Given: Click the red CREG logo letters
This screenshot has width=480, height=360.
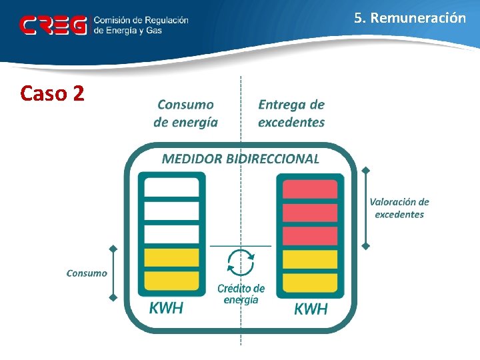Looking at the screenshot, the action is point(53,25).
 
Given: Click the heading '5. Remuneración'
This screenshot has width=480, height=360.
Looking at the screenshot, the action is point(410,18).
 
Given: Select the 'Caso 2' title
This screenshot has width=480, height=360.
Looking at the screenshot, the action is point(52,93).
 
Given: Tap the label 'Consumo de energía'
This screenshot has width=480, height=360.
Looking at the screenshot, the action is point(185,113).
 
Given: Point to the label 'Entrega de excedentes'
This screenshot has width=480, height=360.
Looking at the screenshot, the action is point(291,113).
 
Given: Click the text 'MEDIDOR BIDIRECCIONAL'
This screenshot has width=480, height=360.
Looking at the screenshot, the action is point(241,159).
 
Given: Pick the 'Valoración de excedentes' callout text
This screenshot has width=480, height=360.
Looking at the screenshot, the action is point(399,208).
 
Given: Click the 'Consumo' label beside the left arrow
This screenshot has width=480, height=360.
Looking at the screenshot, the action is point(87,273).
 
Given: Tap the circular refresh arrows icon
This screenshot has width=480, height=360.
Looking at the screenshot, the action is point(240,262).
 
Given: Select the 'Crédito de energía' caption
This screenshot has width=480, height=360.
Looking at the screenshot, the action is point(241,294).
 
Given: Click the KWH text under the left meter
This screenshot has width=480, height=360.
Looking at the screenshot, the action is point(166,308).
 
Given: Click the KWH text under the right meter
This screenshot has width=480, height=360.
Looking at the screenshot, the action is point(311,309).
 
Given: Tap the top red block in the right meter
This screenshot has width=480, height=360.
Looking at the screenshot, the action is point(310,189).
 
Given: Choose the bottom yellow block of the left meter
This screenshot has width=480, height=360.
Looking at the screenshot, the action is point(171,281).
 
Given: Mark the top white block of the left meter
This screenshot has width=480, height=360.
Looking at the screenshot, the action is point(171,188).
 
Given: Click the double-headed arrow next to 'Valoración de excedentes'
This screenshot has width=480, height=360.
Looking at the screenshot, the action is point(365,208).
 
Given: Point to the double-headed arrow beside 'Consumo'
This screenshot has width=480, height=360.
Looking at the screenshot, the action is point(113,273).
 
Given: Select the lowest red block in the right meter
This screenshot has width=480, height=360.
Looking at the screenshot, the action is point(310,236).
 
